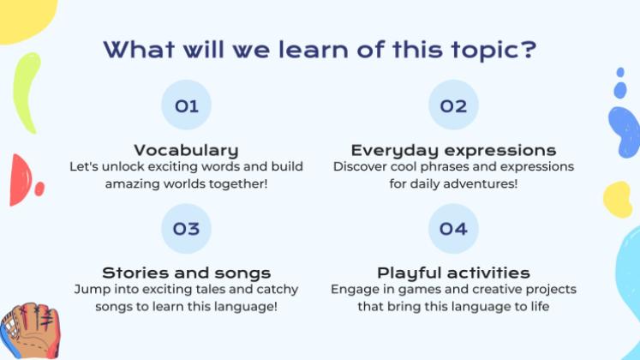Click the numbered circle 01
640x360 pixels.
click(186, 105)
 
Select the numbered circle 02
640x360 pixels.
click(453, 105)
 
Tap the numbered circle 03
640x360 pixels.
click(186, 229)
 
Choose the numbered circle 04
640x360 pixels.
click(453, 229)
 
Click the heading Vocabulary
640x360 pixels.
click(186, 150)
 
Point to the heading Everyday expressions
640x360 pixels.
click(453, 151)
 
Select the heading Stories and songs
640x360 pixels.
click(186, 273)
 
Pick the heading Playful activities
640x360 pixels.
click(453, 273)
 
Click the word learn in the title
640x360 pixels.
click(314, 50)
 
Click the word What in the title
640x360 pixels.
click(140, 50)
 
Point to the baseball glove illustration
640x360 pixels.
click(30, 331)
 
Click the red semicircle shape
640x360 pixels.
click(20, 180)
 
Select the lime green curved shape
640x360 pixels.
click(26, 93)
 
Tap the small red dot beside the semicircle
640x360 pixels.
click(39, 189)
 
